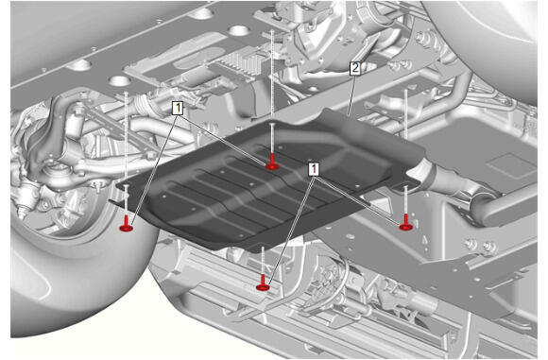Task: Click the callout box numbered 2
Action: (354, 68)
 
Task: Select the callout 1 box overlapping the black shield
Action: (314, 169)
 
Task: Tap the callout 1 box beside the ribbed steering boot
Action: (178, 108)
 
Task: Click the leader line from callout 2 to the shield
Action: (351, 94)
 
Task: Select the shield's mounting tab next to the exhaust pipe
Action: (405, 185)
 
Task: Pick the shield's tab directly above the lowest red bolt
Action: (263, 247)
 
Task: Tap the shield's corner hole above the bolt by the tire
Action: (127, 185)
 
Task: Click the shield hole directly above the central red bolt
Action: (272, 125)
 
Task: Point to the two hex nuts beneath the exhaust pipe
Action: (478, 246)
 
